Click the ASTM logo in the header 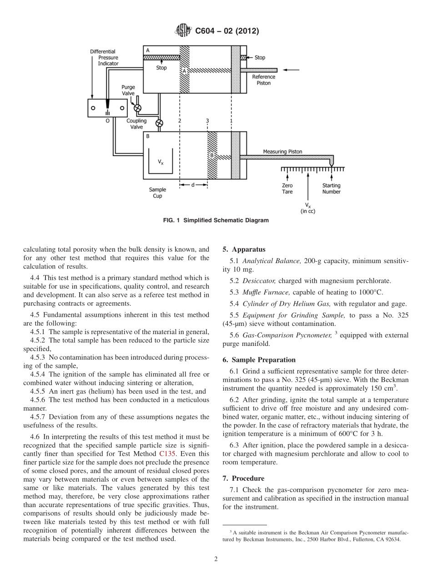[x=183, y=31]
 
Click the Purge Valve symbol [x=137, y=107]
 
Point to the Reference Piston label [x=263, y=80]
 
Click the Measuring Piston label [x=282, y=152]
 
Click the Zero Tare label [x=287, y=188]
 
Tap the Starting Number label [x=331, y=188]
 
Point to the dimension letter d [x=193, y=185]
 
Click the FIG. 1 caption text [x=216, y=220]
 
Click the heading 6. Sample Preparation [x=259, y=360]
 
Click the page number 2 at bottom [x=216, y=559]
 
